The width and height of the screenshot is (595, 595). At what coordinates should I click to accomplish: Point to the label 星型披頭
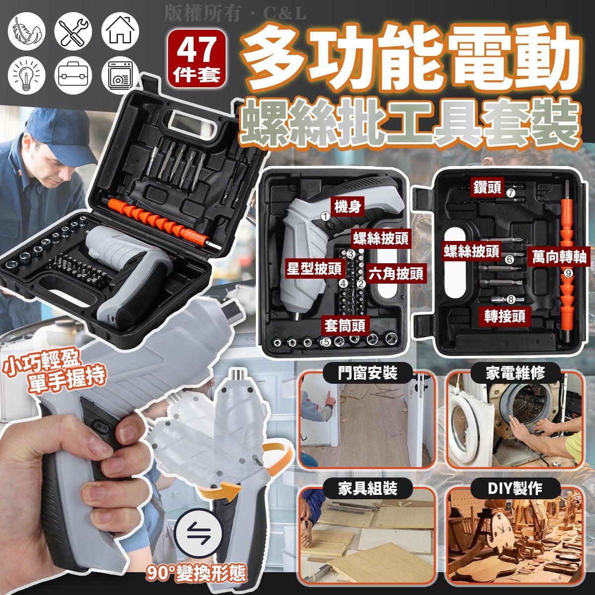(314, 269)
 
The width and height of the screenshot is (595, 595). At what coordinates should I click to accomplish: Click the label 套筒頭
(345, 326)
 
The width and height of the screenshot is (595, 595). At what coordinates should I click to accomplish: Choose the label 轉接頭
(505, 316)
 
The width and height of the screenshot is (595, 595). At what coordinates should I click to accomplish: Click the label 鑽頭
(486, 187)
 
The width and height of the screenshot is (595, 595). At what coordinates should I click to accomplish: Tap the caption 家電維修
(515, 372)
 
